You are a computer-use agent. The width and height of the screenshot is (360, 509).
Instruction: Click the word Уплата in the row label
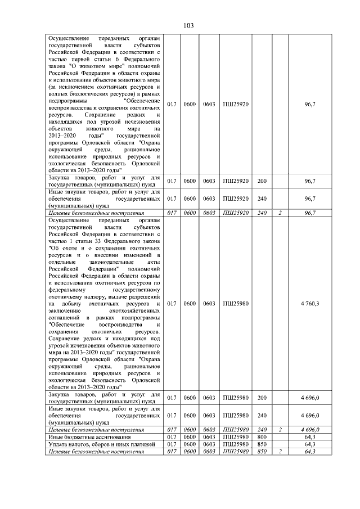coord(58,444)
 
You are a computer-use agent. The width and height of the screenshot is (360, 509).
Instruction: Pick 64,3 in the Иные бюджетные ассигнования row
coord(310,436)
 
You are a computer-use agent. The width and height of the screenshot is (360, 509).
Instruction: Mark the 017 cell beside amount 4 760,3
coord(172,304)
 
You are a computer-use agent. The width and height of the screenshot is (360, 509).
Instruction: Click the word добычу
coord(74,304)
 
